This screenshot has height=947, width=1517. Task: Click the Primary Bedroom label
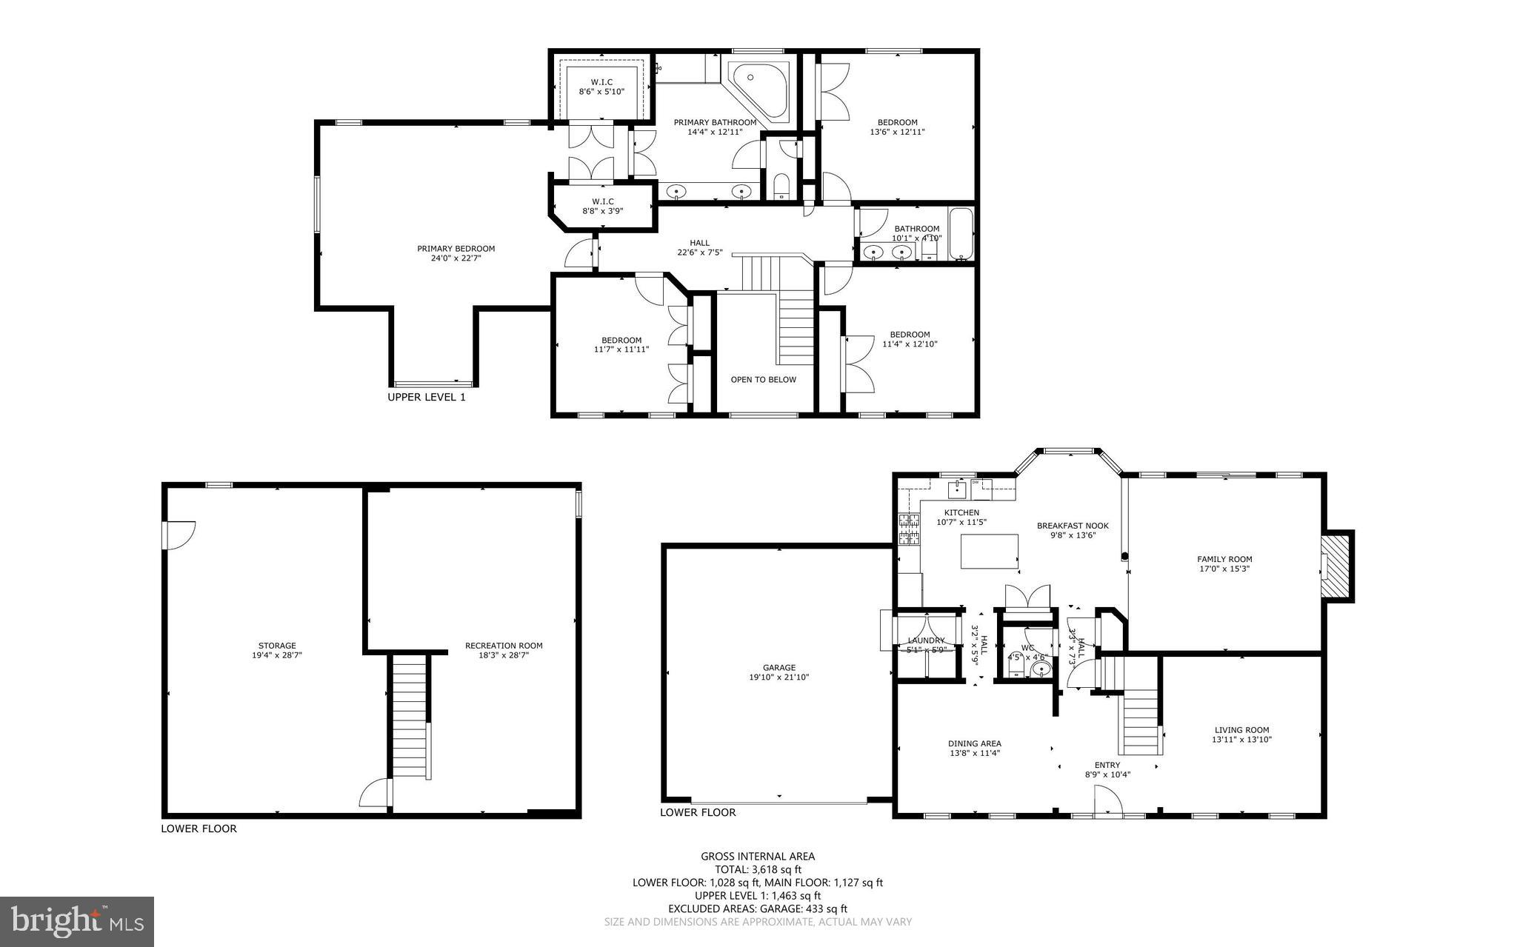pos(456,249)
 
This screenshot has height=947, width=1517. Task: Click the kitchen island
pos(989,552)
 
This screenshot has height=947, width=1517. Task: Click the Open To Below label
pos(763,380)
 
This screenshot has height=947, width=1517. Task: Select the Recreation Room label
pos(504,646)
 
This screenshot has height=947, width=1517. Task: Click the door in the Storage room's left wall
pos(179,535)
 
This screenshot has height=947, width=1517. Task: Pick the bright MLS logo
pos(77,921)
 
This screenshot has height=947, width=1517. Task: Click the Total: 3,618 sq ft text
pos(758,869)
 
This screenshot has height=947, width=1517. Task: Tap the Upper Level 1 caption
pos(427,397)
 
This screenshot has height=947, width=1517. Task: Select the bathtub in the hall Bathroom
pos(961,233)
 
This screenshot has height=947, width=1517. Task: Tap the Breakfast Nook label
pos(1072,526)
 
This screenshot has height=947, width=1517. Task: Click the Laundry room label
pos(926,640)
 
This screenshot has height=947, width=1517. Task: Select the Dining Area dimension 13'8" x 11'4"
pos(975,753)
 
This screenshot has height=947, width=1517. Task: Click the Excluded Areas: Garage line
pos(758,908)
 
